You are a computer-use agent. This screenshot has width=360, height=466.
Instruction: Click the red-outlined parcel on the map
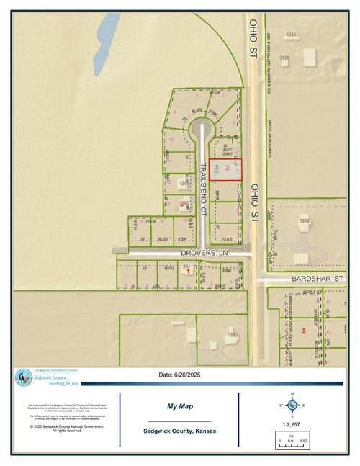pyautogui.click(x=225, y=170)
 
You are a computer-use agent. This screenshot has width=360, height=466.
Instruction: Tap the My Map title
pyautogui.click(x=179, y=405)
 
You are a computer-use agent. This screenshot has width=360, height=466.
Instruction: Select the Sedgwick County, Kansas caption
pyautogui.click(x=179, y=431)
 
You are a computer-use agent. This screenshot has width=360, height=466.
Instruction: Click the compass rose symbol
pyautogui.click(x=292, y=405)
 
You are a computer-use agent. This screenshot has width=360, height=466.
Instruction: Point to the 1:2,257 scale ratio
pyautogui.click(x=292, y=424)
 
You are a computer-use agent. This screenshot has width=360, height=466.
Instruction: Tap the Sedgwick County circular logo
pyautogui.click(x=24, y=377)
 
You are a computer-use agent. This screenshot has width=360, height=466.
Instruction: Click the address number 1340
pyautogui.click(x=291, y=35)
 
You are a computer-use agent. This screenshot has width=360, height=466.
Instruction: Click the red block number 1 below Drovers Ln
pyautogui.click(x=188, y=272)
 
